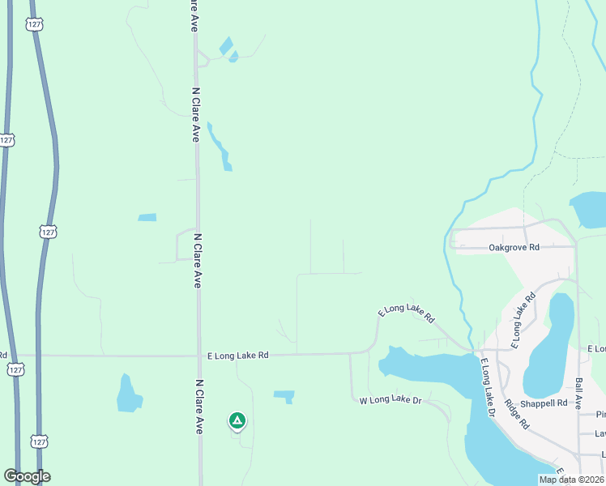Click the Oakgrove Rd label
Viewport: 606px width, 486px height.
514,248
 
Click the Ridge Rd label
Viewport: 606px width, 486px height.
516,413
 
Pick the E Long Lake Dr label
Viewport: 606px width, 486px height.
488,388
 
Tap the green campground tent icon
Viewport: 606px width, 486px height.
237,420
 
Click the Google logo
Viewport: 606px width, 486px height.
27,476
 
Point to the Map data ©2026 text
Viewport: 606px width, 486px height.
571,480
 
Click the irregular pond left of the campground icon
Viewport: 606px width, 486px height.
128,394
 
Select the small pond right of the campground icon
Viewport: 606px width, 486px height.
284,396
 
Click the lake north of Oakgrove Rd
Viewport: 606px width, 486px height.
589,209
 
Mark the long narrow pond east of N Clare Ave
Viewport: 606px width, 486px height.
220,146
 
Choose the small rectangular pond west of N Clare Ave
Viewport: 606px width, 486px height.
147,217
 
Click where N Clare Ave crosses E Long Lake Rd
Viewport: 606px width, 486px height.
199,355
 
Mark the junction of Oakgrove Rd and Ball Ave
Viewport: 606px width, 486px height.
574,245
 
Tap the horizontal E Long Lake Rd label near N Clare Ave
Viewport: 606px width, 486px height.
237,355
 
